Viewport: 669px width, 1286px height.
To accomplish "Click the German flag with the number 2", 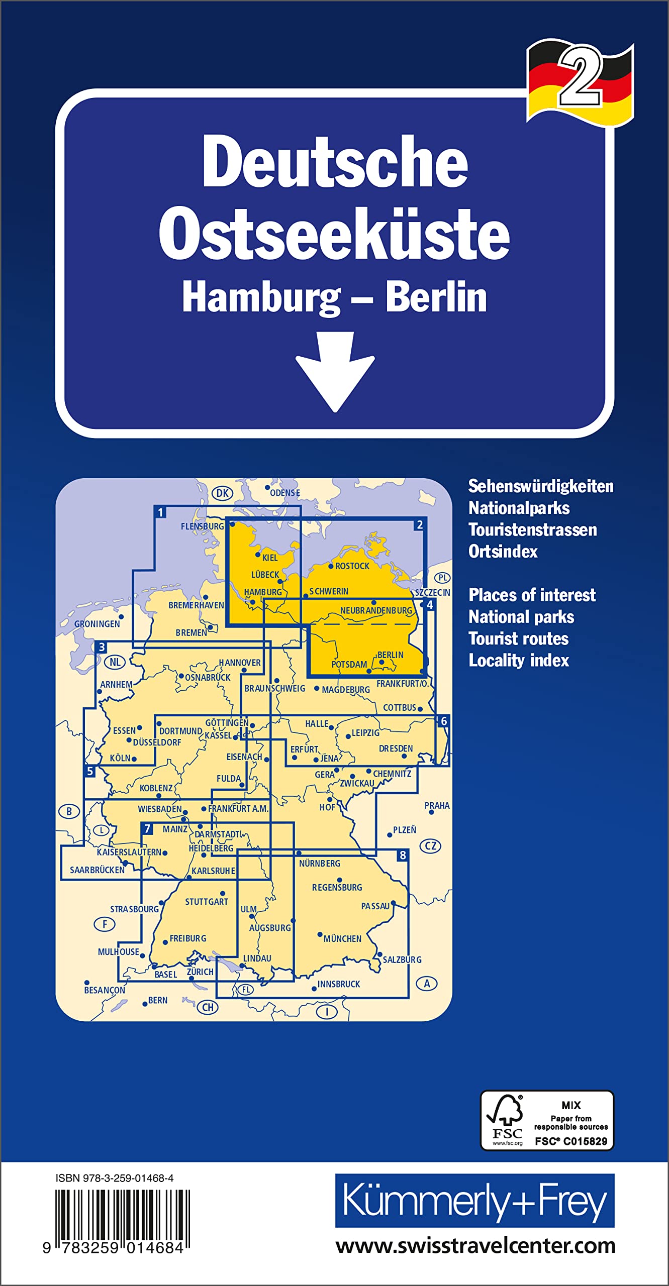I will [580, 82].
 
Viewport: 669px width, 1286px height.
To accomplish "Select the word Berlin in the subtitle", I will [436, 297].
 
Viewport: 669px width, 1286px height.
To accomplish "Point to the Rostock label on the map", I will [352, 566].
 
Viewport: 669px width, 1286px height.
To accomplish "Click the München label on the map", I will [342, 938].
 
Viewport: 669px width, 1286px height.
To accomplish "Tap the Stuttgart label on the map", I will [207, 902].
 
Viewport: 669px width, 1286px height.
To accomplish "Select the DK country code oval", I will [222, 493].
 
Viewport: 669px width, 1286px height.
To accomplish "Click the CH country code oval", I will [208, 1007].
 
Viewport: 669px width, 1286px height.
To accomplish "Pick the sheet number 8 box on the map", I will [402, 855].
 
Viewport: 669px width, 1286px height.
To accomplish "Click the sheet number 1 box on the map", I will [160, 512].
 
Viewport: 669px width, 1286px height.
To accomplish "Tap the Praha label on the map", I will [437, 805].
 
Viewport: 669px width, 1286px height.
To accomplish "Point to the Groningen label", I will [97, 624].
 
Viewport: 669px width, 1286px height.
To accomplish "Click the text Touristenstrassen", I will [532, 529].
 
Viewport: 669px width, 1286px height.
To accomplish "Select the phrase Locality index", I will [519, 660].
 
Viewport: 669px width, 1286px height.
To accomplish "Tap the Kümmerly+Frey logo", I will [474, 1201].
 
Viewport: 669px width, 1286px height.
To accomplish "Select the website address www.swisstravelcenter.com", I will [475, 1246].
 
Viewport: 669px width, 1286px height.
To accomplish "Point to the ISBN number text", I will [115, 1178].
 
